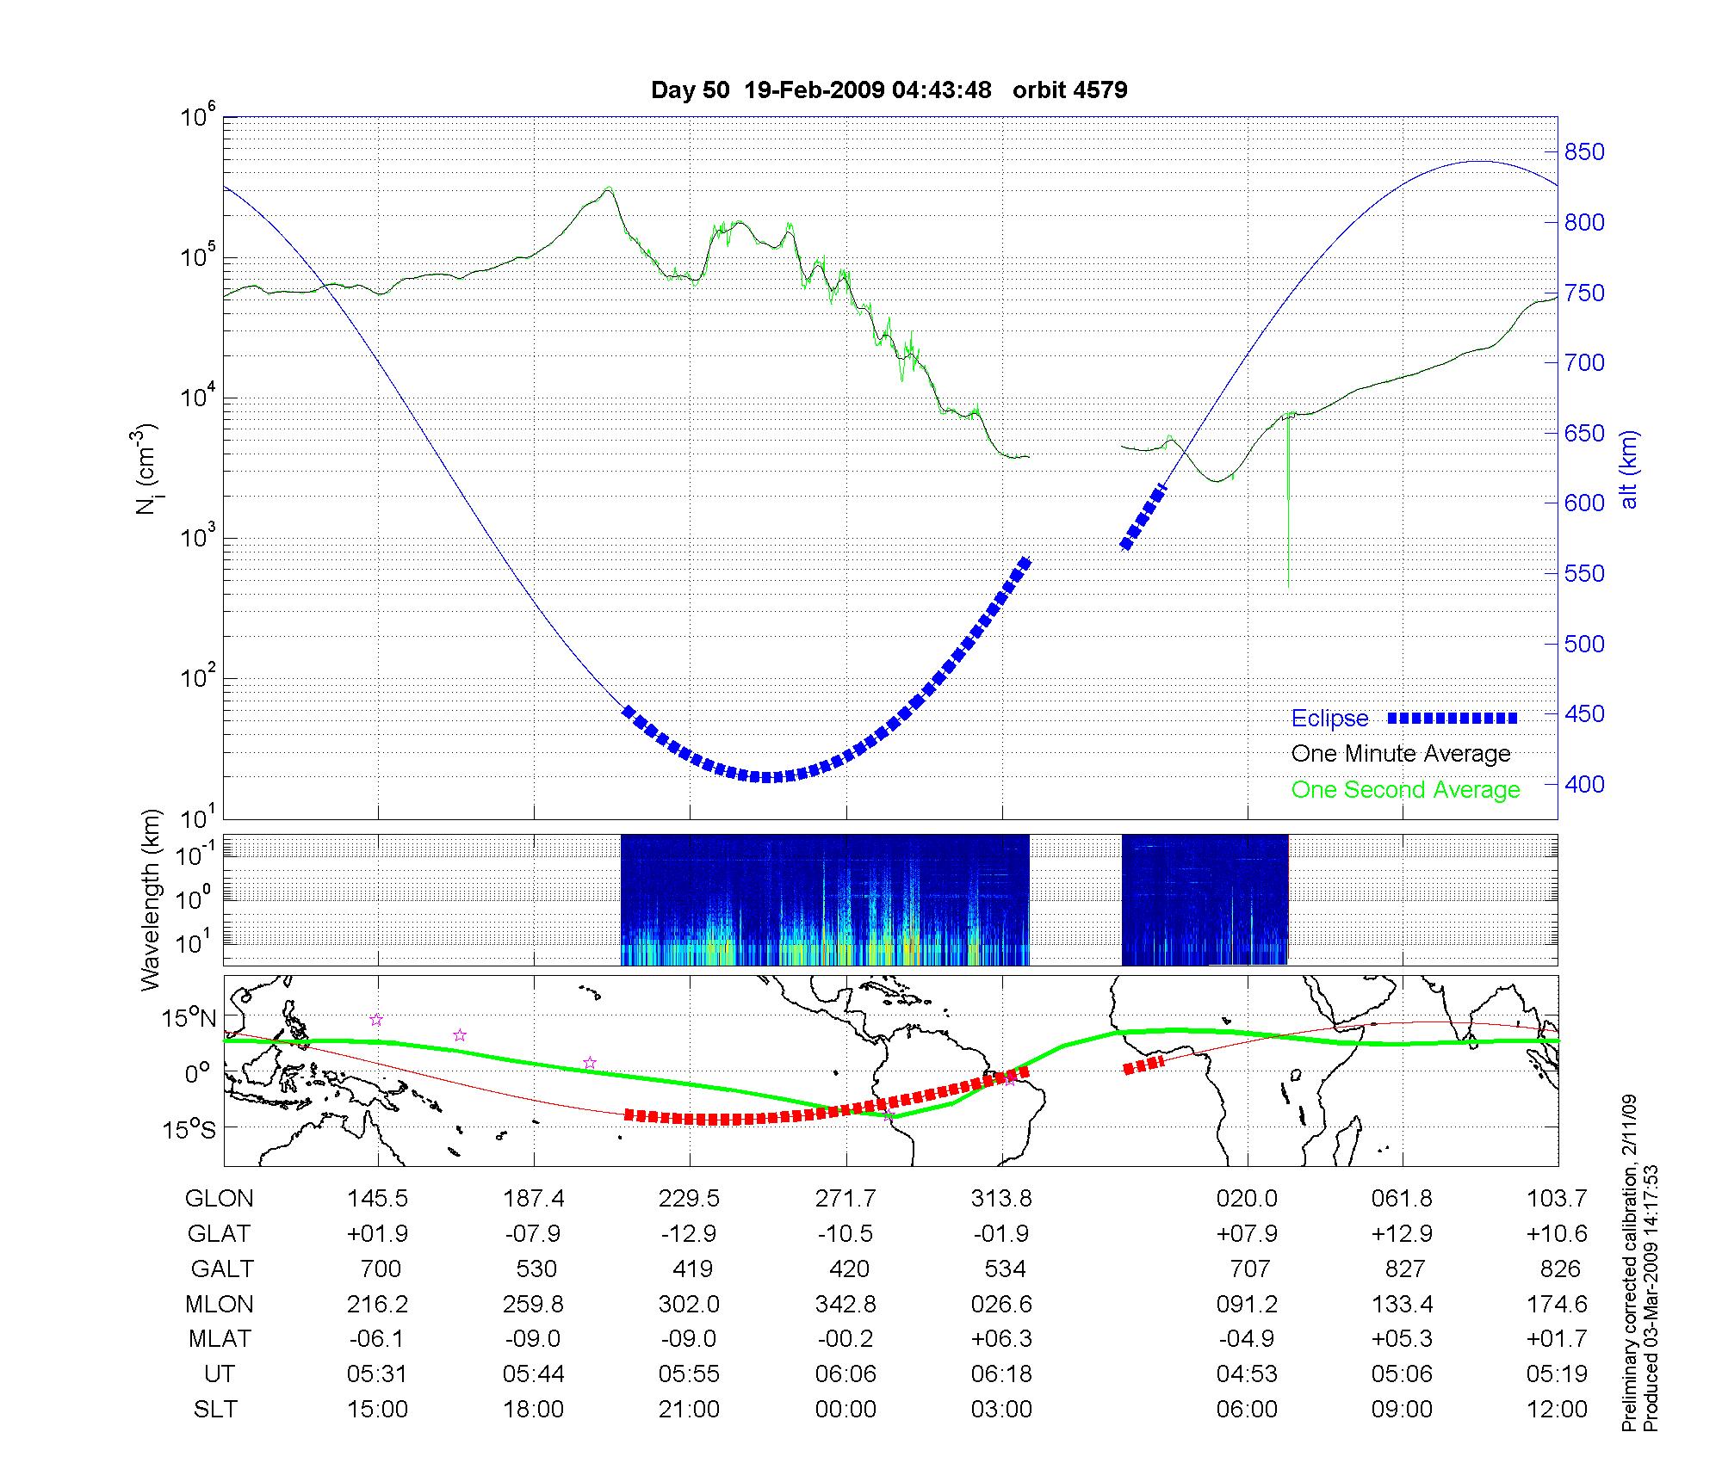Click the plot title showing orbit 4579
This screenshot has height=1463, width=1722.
tap(889, 90)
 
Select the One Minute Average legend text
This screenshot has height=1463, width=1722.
tap(1401, 754)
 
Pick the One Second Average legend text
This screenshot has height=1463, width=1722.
tap(1405, 790)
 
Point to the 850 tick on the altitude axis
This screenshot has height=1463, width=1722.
tap(1584, 152)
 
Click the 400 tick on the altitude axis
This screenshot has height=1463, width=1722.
tap(1584, 784)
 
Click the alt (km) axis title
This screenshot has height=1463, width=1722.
tap(1629, 469)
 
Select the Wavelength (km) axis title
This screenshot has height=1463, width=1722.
tap(152, 899)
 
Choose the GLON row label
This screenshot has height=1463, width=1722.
tap(220, 1199)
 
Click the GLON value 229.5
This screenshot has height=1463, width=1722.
tap(689, 1199)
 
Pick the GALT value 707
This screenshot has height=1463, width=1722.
tap(1249, 1269)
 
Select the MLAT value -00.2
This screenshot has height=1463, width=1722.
tap(846, 1339)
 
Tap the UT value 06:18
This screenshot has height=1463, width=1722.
tap(1001, 1374)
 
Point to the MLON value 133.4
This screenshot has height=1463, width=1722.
tap(1403, 1305)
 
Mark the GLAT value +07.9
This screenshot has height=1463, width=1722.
tap(1247, 1234)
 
